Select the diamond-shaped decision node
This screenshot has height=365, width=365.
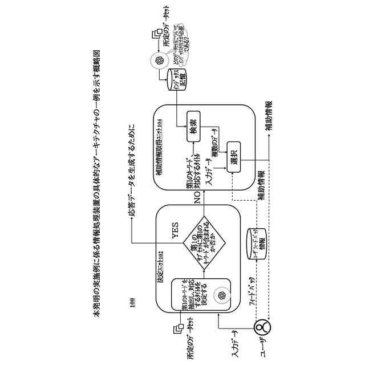click(x=203, y=243)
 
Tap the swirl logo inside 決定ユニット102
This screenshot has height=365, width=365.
click(x=218, y=295)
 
